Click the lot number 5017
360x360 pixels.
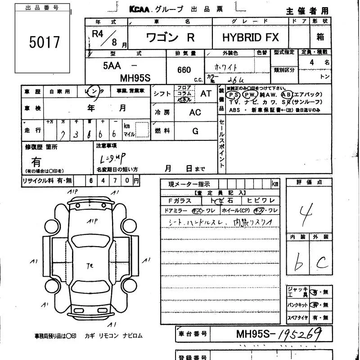[x=45, y=42]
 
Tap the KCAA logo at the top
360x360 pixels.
[x=141, y=9]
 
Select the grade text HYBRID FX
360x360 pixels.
[x=250, y=38]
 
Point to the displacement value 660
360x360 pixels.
[x=184, y=70]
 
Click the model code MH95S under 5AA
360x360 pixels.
[x=135, y=77]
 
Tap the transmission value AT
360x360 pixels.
[x=206, y=94]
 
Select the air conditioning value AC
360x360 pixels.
[x=195, y=112]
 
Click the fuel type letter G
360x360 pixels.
[x=195, y=131]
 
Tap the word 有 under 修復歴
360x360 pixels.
[x=36, y=161]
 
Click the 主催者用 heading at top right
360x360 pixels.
[x=307, y=11]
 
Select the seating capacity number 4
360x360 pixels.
[x=312, y=63]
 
